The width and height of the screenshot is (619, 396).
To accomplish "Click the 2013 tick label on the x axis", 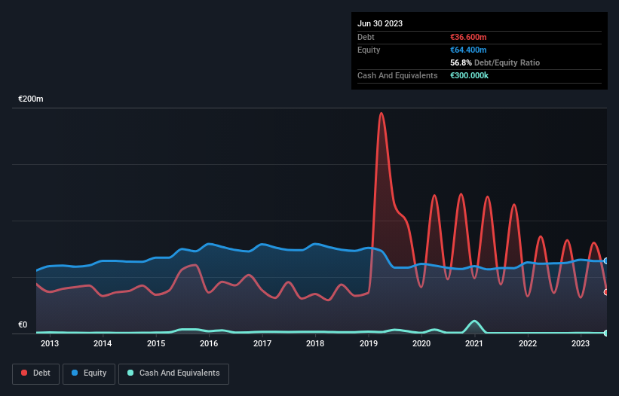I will click(x=49, y=344).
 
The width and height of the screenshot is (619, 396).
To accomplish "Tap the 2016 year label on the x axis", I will click(x=209, y=344).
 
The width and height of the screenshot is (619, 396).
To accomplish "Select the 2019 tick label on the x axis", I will click(x=369, y=344).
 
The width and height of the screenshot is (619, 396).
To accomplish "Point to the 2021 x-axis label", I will click(x=474, y=344).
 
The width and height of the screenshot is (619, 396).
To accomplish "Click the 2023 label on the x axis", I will click(x=581, y=344).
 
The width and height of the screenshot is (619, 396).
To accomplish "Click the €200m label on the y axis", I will click(x=31, y=99).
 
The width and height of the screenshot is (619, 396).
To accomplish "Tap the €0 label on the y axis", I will click(x=23, y=325).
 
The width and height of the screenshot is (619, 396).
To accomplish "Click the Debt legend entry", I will click(x=35, y=373).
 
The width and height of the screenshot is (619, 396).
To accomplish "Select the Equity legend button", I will click(x=89, y=373).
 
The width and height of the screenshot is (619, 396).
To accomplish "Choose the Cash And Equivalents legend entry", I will click(x=173, y=373).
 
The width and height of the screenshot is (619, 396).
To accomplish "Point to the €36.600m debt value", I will click(x=469, y=37).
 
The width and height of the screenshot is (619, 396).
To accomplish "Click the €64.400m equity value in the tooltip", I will click(x=469, y=50).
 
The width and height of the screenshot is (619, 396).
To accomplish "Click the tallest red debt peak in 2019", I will click(x=382, y=114).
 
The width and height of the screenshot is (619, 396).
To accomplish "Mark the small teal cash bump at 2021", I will click(x=473, y=321).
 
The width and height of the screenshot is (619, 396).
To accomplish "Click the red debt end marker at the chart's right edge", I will click(x=606, y=292).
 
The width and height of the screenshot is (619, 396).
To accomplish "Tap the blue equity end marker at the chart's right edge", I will click(x=606, y=260).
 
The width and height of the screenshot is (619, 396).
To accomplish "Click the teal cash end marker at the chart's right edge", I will click(x=606, y=333).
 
